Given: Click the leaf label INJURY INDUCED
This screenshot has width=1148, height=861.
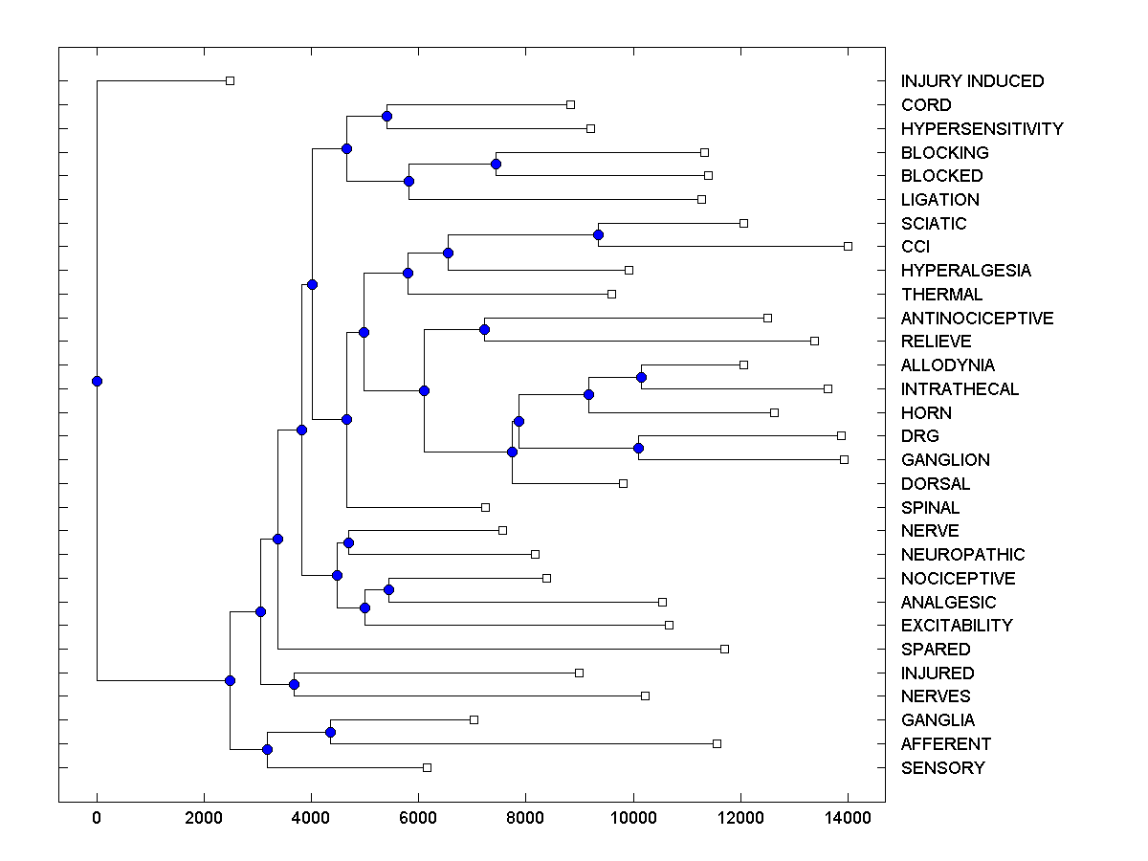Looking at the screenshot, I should (x=972, y=81).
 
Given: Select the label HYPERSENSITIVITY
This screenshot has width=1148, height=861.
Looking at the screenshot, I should (x=982, y=129).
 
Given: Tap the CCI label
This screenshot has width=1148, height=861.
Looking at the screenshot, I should (x=916, y=247).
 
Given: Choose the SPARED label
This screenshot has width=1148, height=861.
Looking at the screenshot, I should (x=936, y=650).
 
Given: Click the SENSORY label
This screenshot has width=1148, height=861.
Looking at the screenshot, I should (x=942, y=768).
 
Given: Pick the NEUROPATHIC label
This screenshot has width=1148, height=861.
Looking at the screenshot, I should (x=962, y=555).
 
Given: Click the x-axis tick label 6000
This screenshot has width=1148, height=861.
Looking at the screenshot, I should (x=417, y=816).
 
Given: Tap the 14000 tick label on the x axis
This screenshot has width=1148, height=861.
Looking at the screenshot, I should (x=848, y=816).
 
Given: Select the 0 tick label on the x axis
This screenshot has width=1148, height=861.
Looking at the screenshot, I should (x=97, y=816).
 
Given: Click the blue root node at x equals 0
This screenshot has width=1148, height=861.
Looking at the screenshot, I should (x=97, y=381).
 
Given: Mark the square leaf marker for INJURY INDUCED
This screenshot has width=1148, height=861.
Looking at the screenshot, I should (x=230, y=80).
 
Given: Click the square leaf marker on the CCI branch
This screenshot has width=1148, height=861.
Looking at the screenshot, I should (x=848, y=246).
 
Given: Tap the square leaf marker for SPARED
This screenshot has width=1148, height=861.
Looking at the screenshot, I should (x=724, y=649).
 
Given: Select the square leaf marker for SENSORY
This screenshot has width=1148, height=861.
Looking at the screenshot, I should (x=427, y=767).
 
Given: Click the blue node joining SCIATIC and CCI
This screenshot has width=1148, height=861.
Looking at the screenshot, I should (x=598, y=234).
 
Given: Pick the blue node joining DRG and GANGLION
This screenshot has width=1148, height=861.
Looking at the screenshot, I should (x=638, y=448).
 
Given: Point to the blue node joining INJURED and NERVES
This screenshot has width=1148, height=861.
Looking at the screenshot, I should (x=294, y=684).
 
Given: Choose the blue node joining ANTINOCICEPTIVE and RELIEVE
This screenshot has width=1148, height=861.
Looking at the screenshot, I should (x=484, y=329).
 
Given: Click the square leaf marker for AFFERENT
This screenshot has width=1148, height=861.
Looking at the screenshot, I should (x=717, y=743).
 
